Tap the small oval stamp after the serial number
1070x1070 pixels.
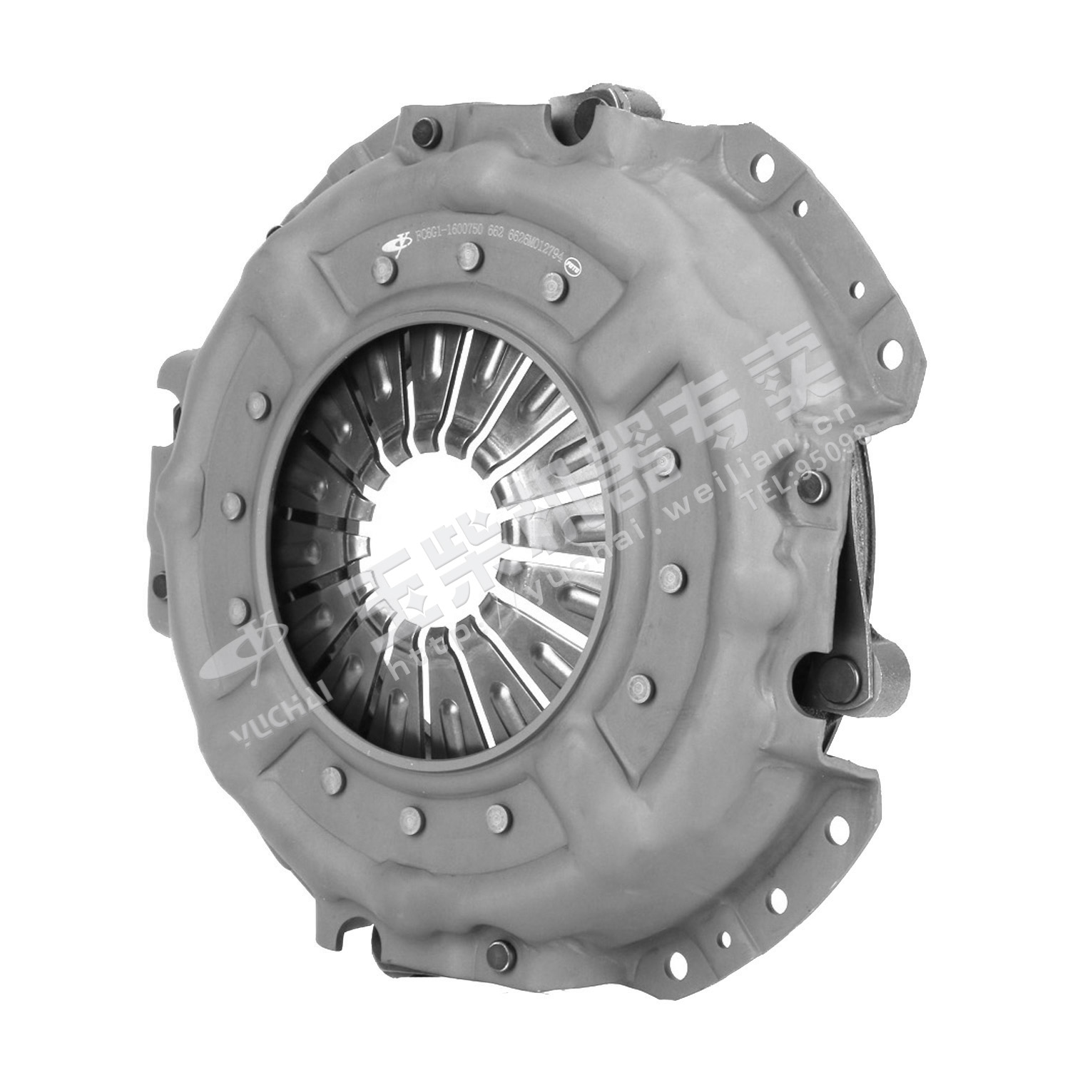coord(571,263)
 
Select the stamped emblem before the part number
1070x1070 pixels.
coord(397,240)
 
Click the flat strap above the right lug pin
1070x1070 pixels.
coord(856,556)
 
